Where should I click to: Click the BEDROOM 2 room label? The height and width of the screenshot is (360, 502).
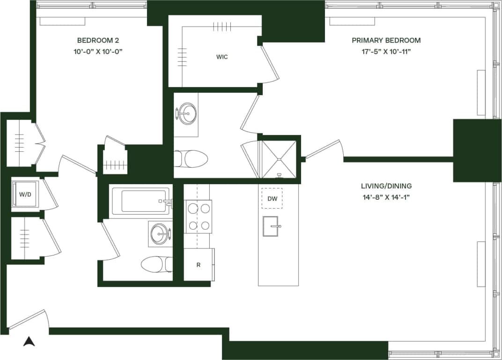click(x=98, y=40)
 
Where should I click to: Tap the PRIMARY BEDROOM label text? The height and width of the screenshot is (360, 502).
click(x=386, y=40)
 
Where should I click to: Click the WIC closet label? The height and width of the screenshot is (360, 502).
click(x=222, y=57)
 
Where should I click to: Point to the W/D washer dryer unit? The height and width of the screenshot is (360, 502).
click(x=25, y=194)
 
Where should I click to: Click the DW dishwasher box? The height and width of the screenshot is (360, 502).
click(x=272, y=199)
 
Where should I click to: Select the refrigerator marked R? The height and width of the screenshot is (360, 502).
click(x=199, y=265)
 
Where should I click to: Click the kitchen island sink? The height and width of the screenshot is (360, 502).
click(x=270, y=226)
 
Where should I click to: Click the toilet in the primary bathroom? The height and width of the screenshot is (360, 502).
click(x=192, y=159)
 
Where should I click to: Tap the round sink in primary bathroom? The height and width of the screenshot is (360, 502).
click(x=187, y=113)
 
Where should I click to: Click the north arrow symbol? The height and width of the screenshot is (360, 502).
click(x=29, y=341)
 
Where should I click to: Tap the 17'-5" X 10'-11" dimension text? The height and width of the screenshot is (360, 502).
click(x=386, y=52)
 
